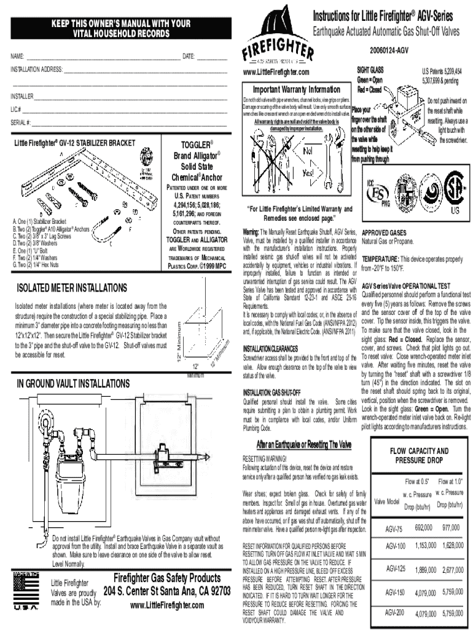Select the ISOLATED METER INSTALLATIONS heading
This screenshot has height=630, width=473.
point(72,288)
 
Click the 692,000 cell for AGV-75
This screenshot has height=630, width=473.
point(424,528)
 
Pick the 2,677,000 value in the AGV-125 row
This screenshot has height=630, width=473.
point(451,570)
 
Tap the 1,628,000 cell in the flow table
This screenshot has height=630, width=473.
point(451,546)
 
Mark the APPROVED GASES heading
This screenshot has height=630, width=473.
point(384,234)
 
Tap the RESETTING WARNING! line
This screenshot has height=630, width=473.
point(265,459)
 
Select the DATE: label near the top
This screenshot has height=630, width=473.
point(189,57)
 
